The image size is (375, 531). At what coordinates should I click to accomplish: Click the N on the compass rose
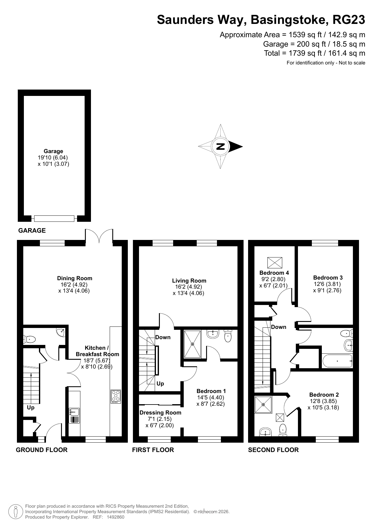(x=221, y=146)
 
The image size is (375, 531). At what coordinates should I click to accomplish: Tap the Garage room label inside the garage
(x=53, y=151)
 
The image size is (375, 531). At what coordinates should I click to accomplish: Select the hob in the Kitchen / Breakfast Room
(x=116, y=396)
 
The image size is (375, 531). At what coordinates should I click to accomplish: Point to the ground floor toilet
(x=29, y=339)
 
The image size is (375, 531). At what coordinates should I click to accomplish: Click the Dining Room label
(x=75, y=278)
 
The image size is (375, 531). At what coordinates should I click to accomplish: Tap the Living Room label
(x=189, y=281)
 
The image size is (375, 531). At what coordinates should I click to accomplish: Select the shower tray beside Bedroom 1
(x=192, y=344)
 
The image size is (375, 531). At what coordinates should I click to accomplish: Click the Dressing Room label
(x=160, y=412)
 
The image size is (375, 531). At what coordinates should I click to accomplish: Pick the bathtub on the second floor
(x=337, y=361)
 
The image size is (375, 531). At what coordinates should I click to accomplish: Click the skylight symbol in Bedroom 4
(x=275, y=263)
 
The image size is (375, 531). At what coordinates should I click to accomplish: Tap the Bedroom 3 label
(x=328, y=277)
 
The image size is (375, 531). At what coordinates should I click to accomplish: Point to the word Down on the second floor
(x=279, y=327)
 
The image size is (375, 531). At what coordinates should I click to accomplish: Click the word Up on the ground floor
(x=31, y=408)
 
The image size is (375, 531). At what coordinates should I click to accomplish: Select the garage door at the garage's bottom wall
(x=54, y=218)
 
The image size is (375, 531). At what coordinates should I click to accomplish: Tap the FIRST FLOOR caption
(x=153, y=450)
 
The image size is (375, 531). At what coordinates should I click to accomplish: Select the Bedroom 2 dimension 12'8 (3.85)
(x=323, y=401)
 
